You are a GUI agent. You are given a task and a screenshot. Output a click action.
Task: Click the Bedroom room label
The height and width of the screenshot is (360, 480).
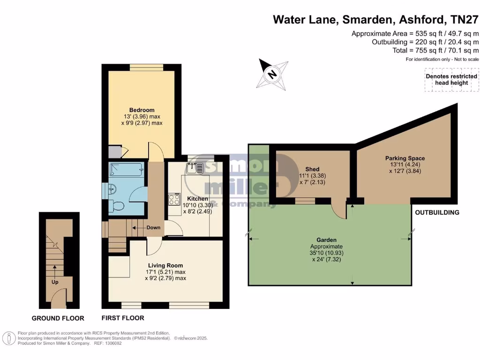[142, 110]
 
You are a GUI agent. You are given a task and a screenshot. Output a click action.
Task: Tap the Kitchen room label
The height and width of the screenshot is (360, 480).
[197, 199]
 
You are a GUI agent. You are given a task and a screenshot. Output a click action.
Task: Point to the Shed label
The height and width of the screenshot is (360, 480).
[312, 169]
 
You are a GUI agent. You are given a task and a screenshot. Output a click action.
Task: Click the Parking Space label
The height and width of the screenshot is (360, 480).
[405, 158]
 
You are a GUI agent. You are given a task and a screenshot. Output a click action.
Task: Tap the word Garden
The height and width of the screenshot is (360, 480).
[326, 240]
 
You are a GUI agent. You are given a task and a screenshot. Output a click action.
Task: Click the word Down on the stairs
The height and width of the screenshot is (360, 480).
[153, 228]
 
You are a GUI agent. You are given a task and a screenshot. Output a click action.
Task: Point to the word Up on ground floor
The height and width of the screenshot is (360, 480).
[55, 283]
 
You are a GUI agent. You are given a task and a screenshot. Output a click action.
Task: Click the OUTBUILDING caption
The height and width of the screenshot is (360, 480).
[437, 212]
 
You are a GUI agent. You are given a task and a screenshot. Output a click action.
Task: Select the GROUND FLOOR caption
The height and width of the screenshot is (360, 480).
[58, 318]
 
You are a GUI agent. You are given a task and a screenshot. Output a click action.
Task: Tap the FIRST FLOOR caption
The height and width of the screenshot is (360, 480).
[123, 318]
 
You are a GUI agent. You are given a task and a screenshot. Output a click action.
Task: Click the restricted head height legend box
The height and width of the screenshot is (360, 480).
[451, 80]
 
